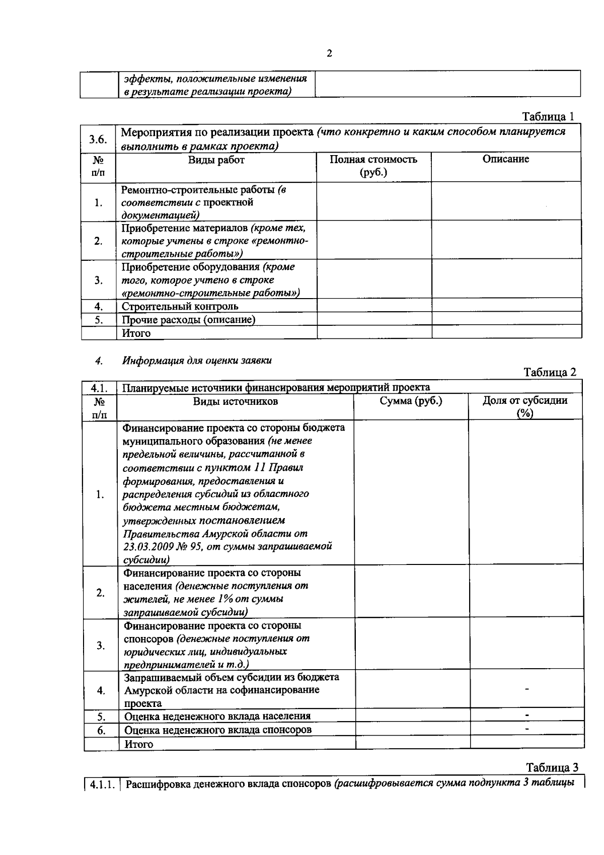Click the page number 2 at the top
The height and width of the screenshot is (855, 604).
(x=329, y=54)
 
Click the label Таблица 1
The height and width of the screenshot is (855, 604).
(x=548, y=116)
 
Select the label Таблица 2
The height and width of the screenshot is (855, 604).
(x=550, y=372)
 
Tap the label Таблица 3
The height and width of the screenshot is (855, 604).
(x=552, y=767)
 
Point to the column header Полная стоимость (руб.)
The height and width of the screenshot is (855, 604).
(x=373, y=166)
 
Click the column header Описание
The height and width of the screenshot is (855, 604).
(x=505, y=159)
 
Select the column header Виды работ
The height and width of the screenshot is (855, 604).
(x=216, y=160)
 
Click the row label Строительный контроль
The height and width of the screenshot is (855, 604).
(x=180, y=306)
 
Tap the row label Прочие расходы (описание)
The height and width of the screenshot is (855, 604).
(x=188, y=320)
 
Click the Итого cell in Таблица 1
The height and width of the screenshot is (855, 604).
(x=136, y=333)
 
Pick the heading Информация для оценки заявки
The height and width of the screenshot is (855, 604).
(x=197, y=360)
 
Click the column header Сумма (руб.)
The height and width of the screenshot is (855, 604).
(x=411, y=401)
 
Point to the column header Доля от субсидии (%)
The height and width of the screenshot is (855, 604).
(x=524, y=406)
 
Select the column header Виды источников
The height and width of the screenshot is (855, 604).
(x=236, y=401)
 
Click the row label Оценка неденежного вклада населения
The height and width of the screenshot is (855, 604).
(x=217, y=716)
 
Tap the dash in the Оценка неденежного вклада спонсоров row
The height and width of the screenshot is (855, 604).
(x=527, y=728)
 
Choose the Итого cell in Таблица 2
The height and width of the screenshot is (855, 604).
(x=138, y=744)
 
